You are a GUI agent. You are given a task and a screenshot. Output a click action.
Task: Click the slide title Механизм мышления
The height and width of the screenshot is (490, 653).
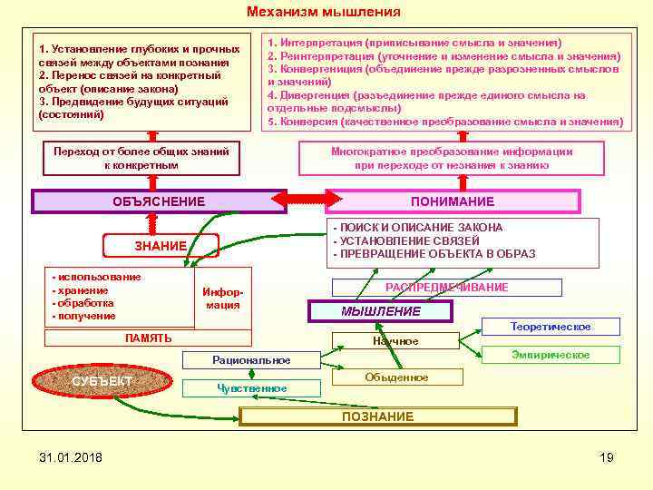(x=324, y=13)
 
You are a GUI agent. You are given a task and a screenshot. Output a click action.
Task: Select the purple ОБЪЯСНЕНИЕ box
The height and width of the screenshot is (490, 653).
(x=159, y=201)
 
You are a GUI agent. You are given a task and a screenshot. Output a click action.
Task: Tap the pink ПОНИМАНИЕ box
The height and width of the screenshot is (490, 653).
(x=453, y=201)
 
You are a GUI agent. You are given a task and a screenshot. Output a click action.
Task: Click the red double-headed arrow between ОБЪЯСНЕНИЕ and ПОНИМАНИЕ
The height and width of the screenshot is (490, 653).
(x=306, y=199)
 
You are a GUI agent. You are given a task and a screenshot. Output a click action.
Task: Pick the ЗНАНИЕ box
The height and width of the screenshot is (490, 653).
(x=161, y=246)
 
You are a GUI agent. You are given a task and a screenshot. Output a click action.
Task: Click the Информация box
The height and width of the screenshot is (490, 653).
(x=222, y=299)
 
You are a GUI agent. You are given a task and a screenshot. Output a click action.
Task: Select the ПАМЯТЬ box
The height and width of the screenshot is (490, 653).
(x=148, y=338)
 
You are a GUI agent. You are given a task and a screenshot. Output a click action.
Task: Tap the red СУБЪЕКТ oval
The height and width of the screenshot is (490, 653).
(x=102, y=380)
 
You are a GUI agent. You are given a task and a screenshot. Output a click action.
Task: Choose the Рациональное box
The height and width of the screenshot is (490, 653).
(x=251, y=360)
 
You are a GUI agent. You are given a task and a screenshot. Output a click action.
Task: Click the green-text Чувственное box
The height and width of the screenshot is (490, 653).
(x=251, y=388)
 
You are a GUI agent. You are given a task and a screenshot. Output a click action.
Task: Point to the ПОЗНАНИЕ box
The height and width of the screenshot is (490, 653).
(x=377, y=416)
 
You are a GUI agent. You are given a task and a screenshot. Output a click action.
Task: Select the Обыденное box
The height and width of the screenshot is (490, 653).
(x=395, y=377)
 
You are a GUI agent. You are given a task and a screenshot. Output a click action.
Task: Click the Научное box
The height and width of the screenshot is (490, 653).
(x=395, y=341)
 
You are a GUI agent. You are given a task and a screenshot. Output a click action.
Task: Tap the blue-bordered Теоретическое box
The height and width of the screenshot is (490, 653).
(x=550, y=327)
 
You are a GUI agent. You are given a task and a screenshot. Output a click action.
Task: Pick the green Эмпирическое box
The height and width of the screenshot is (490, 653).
(x=550, y=355)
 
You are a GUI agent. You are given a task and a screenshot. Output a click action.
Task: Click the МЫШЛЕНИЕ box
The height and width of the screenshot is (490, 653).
(x=381, y=311)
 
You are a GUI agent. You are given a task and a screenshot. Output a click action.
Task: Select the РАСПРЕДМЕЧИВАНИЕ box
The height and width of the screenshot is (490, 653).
(x=447, y=288)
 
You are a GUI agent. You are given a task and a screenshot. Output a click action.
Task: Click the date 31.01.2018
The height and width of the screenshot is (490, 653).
(x=71, y=456)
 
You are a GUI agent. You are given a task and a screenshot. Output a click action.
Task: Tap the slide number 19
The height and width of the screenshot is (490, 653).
(x=607, y=456)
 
